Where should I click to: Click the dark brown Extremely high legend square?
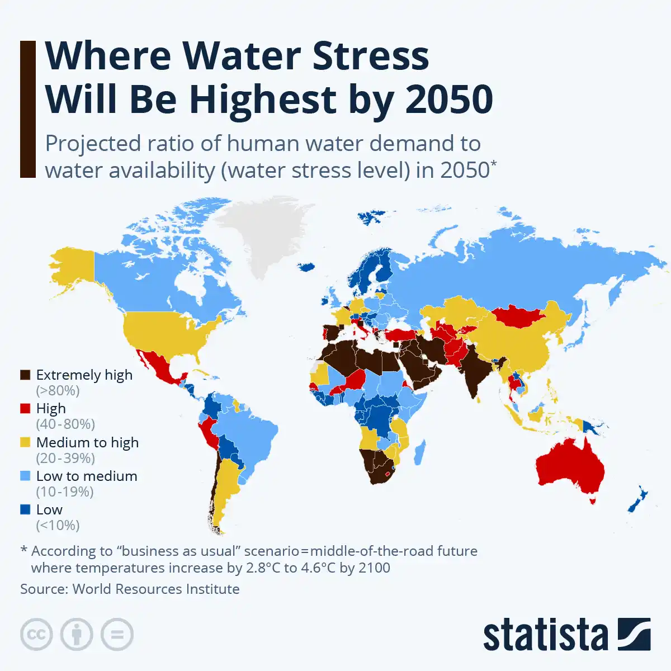[x=25, y=375]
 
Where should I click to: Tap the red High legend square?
[x=25, y=409]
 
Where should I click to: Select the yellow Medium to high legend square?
[x=25, y=442]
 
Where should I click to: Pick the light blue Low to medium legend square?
[x=25, y=476]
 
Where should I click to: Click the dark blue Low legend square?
[x=25, y=509]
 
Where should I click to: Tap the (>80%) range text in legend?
[x=58, y=391]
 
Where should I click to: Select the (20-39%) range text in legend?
[x=65, y=458]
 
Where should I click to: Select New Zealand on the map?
[x=637, y=499]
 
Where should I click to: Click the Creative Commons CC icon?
[x=36, y=635]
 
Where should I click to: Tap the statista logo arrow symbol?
[x=634, y=634]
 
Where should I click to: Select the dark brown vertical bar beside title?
[x=27, y=109]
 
